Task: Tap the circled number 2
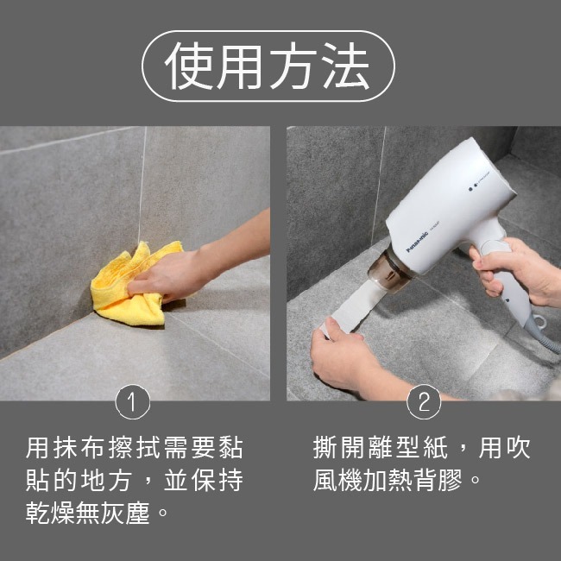coord(423,401)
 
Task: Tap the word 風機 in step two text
coord(344,481)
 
